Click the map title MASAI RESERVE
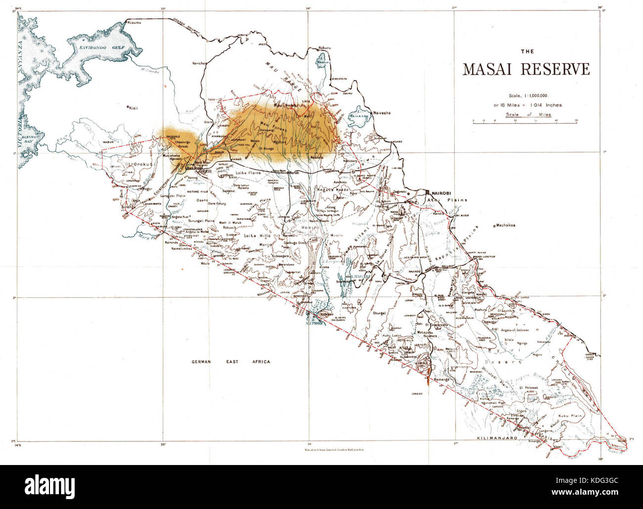[x=526, y=69]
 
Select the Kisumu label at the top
[x=135, y=23]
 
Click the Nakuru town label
[x=324, y=47]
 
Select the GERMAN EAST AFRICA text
[x=230, y=362]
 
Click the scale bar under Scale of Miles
[x=525, y=121]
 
